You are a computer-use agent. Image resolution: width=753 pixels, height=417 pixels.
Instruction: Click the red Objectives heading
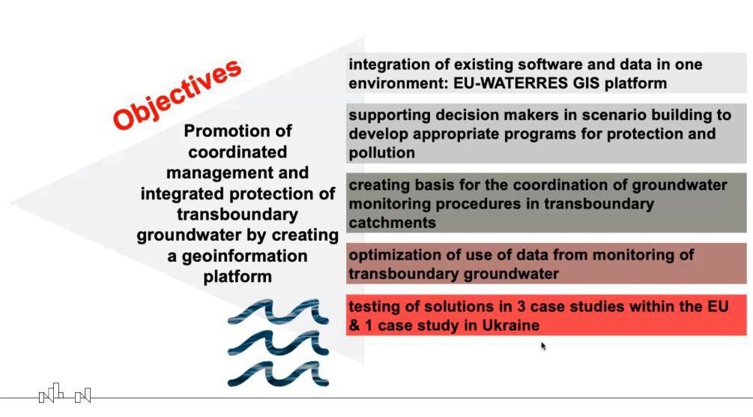pos(177,94)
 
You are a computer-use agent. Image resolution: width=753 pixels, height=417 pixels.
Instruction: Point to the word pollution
pos(382,153)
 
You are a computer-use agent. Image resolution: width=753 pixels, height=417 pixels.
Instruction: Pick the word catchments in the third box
pos(393,223)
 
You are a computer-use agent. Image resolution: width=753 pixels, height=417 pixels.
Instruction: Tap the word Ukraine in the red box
pos(511,325)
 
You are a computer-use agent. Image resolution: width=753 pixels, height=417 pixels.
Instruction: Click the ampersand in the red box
pos(354,325)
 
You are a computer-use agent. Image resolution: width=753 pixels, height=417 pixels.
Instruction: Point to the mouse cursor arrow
pos(544,346)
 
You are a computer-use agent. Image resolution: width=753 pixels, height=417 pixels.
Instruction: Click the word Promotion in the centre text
pos(238,130)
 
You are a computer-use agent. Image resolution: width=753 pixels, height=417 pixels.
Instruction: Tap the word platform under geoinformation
pos(238,277)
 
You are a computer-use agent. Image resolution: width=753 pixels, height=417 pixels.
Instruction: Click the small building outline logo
pos(65,393)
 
